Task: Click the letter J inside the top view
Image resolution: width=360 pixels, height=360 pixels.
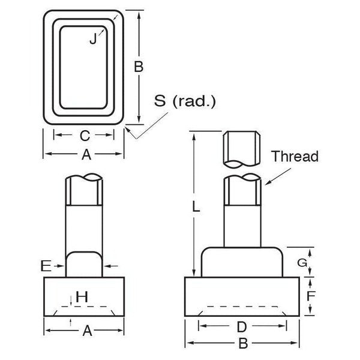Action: (x=92, y=40)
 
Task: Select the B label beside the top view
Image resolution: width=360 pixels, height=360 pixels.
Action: (x=139, y=67)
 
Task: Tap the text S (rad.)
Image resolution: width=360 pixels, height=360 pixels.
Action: (x=184, y=101)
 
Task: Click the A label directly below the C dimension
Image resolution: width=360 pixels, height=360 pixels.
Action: (x=85, y=155)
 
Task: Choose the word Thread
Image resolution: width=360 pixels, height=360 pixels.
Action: (x=294, y=157)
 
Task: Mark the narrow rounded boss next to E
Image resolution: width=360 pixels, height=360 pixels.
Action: (x=83, y=265)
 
